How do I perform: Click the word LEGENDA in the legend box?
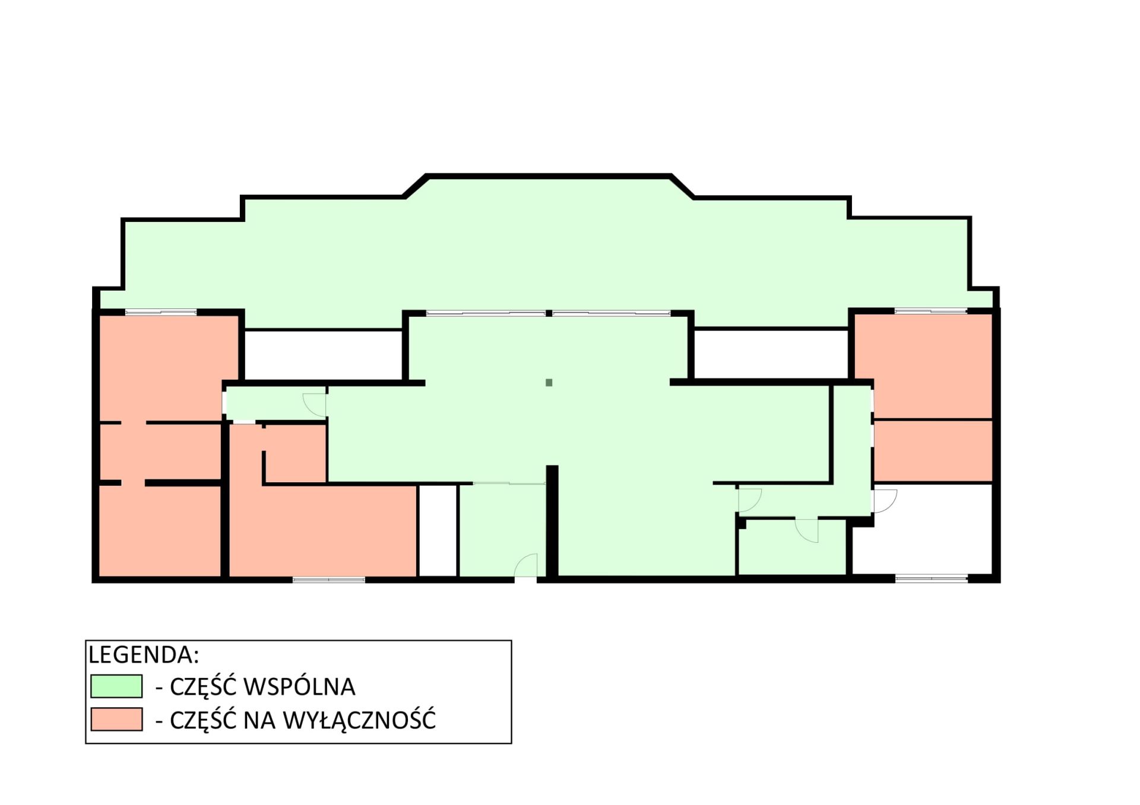tap(143, 654)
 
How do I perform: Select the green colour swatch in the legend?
tap(116, 686)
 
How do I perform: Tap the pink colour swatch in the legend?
tap(116, 719)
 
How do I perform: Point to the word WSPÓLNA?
tap(300, 686)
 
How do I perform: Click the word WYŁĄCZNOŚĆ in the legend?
tap(359, 719)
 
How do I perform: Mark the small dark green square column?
tap(549, 383)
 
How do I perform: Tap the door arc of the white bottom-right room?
tap(885, 501)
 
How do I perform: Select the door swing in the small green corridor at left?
tap(315, 405)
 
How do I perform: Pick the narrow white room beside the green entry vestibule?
tap(438, 530)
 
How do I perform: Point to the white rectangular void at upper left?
tap(323, 355)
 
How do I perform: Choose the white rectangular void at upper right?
tap(771, 353)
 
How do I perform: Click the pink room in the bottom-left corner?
tap(159, 530)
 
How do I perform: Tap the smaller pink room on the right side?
tap(933, 451)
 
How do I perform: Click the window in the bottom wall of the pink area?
tap(329, 579)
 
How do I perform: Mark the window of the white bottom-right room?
tap(932, 578)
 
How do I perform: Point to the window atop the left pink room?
tap(161, 312)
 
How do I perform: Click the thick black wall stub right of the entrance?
tap(552, 521)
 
